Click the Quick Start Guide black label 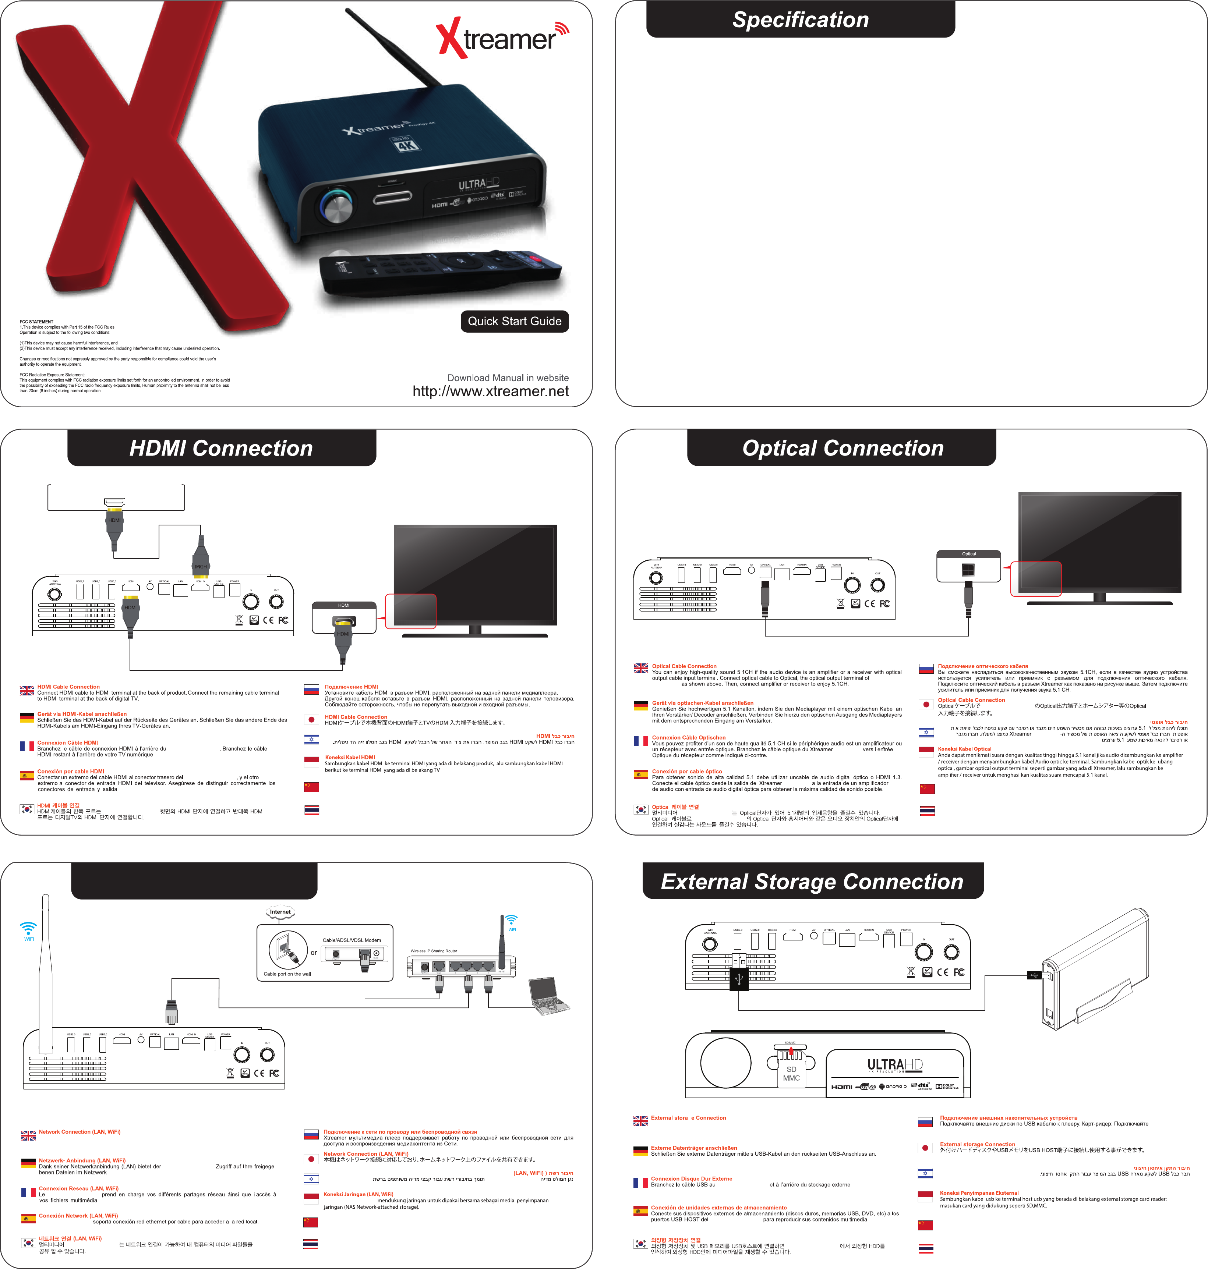click(x=515, y=321)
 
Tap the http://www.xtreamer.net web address click(x=491, y=391)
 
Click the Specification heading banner click(x=801, y=20)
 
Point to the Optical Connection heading click(x=842, y=448)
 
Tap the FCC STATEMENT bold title click(x=37, y=321)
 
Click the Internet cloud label click(x=280, y=912)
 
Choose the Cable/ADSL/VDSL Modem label click(x=352, y=940)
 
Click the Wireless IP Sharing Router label click(x=434, y=951)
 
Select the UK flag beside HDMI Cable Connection click(x=27, y=690)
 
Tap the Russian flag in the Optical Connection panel click(x=926, y=668)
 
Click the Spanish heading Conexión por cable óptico click(x=686, y=771)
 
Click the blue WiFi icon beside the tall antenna click(x=28, y=930)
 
